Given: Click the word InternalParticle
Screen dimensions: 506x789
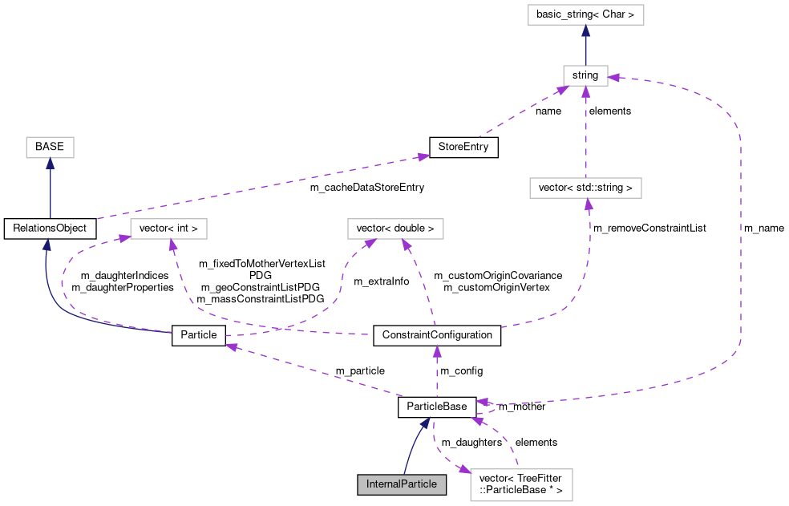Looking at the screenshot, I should (402, 484).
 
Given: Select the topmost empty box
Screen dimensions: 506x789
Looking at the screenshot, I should (585, 15).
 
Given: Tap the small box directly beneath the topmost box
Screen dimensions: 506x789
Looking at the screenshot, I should (585, 76).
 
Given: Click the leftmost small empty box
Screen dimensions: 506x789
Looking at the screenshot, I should (50, 148).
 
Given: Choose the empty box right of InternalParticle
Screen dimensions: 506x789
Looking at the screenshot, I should (521, 485).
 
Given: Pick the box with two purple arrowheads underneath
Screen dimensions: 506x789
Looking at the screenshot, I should (395, 229).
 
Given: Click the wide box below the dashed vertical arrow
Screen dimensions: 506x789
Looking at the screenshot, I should (585, 188).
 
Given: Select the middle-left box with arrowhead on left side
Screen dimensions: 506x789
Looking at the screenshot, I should (168, 229).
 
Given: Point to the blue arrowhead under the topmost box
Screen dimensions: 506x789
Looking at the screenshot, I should (585, 31).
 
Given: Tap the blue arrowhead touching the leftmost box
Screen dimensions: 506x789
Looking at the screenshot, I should (50, 164).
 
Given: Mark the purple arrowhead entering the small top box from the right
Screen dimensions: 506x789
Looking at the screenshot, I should (613, 78).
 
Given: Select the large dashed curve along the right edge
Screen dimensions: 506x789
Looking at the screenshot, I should (739, 241).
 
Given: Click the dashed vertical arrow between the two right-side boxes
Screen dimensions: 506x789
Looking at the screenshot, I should (585, 132).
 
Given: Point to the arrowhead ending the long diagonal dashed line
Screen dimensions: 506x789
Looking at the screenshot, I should (423, 156).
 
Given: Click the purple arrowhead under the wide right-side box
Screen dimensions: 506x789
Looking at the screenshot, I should (589, 204).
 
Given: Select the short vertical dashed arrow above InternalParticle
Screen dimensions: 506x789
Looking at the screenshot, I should (437, 373).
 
